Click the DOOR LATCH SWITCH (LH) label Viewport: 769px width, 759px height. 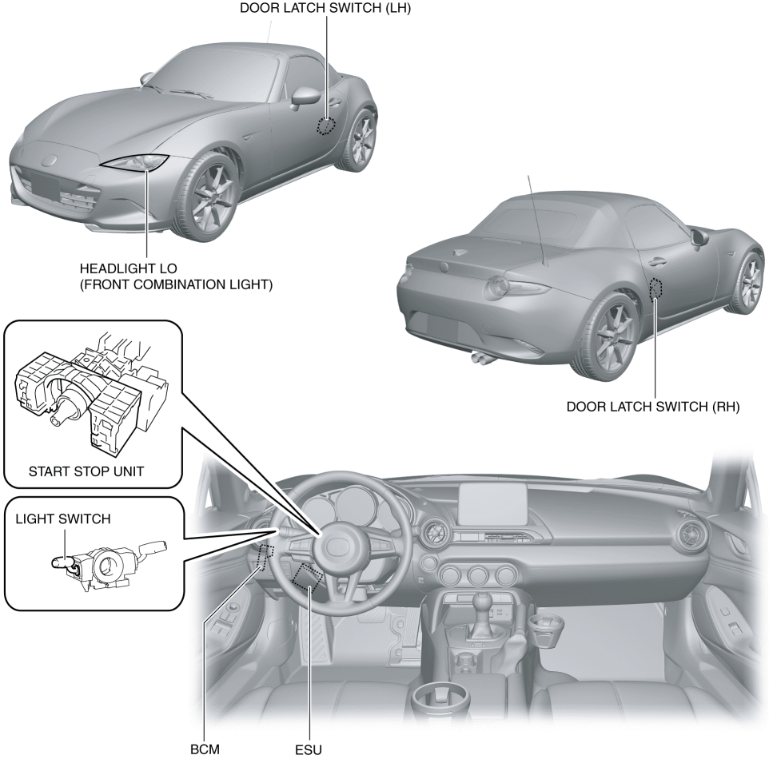click(x=328, y=8)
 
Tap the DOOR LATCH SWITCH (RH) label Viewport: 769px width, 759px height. click(x=653, y=406)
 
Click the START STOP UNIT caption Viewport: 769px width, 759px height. click(x=86, y=471)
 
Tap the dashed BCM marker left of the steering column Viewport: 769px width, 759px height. click(x=265, y=554)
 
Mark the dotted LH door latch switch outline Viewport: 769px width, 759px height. click(x=325, y=125)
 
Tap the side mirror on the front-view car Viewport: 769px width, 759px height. click(x=305, y=97)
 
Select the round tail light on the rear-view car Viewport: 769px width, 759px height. click(x=501, y=285)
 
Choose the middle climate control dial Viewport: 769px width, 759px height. click(x=479, y=575)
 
